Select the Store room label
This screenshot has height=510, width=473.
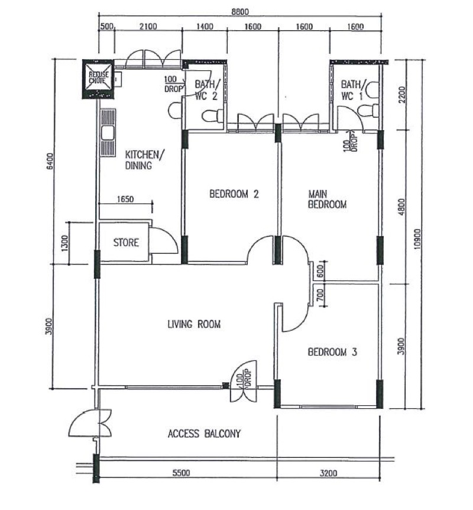tap(126, 243)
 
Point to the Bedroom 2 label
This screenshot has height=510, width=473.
tap(234, 194)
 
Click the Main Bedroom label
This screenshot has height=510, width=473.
tap(327, 199)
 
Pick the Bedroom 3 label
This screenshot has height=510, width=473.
tap(332, 352)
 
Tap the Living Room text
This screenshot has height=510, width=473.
tap(194, 324)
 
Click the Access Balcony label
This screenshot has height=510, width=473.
tap(204, 434)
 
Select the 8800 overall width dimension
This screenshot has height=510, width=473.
tap(240, 12)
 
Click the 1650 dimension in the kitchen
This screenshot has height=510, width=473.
tap(125, 199)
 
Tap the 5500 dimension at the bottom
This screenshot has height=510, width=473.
tap(181, 473)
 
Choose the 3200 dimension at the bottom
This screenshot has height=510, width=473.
tap(328, 473)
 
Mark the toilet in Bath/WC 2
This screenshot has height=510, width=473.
tap(213, 116)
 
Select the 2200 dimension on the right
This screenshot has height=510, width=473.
tap(402, 95)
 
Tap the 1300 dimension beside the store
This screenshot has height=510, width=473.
tap(64, 243)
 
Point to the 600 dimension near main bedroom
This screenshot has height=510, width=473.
tap(320, 271)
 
